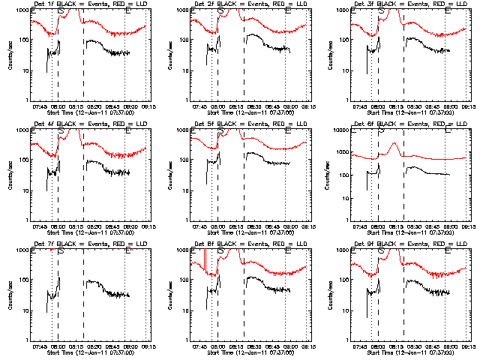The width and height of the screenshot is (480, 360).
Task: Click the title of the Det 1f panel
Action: (x=88, y=4)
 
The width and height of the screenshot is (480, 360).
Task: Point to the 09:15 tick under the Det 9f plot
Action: (x=469, y=347)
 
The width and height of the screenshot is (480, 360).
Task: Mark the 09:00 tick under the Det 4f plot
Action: (x=129, y=227)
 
